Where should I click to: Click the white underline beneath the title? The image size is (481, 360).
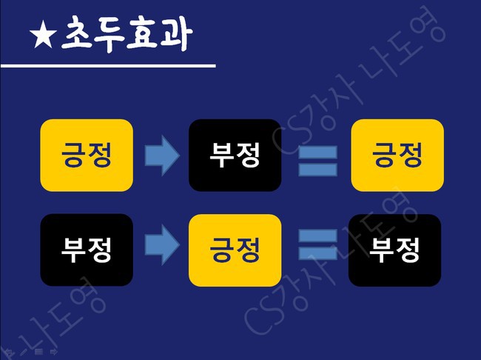point(107,66)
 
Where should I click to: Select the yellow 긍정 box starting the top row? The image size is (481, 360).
point(86,155)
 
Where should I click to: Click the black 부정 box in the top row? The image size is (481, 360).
point(235,155)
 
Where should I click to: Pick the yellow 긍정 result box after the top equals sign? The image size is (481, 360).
point(397,155)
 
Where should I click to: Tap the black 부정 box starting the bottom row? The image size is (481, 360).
point(86,250)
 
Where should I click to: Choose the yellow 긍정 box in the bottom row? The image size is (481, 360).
point(235,250)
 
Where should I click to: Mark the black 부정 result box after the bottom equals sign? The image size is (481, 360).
point(395,250)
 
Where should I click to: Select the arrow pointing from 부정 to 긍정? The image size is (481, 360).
point(161,250)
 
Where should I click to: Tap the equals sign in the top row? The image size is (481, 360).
point(317,161)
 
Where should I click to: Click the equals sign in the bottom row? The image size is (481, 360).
point(317,244)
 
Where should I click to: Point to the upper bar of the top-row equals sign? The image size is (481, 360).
point(317,153)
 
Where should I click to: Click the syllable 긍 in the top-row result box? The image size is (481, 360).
point(383,155)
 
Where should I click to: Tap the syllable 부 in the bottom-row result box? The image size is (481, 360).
point(382,250)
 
